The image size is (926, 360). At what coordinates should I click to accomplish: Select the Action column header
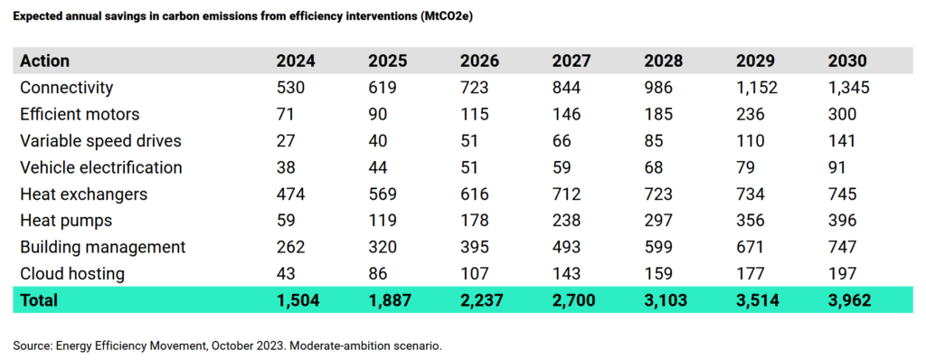[45, 61]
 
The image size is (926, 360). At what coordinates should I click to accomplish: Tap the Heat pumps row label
[66, 221]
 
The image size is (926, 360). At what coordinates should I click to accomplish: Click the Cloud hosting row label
[72, 274]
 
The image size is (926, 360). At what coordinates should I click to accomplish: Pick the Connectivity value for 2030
[848, 88]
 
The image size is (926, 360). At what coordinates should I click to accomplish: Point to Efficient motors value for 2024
[286, 114]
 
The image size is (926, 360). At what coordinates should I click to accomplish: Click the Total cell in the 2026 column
[481, 300]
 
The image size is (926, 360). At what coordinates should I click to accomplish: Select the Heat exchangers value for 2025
[383, 194]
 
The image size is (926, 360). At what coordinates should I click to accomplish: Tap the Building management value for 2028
[658, 247]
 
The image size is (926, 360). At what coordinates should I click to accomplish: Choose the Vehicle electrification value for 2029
[745, 167]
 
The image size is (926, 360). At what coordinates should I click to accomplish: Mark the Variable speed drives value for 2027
[562, 141]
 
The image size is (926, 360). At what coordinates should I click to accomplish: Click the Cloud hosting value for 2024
[287, 274]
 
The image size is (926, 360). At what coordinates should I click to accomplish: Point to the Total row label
[39, 300]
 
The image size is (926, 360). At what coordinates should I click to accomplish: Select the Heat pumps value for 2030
[842, 221]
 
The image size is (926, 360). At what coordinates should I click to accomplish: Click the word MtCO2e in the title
[444, 16]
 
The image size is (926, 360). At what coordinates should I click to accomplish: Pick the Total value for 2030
[848, 300]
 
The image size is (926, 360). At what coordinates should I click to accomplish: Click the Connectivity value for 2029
[757, 88]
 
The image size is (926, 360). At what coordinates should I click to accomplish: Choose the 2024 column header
[297, 61]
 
